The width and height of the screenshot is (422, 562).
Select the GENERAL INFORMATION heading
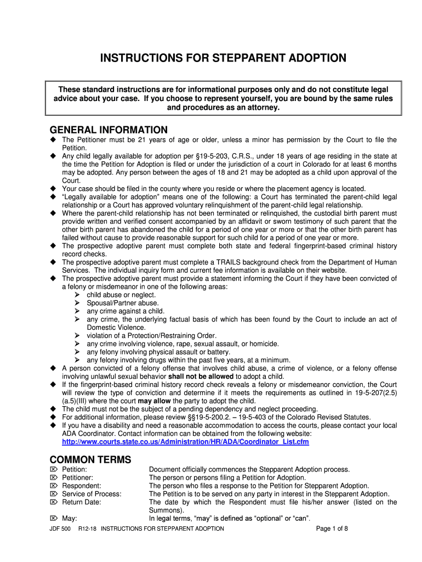[x=109, y=130]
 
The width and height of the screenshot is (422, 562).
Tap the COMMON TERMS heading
[x=90, y=460]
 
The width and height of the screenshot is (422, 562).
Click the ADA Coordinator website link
[x=185, y=442]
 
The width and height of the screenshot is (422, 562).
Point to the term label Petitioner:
[x=77, y=477]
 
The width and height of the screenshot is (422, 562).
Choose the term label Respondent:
[x=82, y=486]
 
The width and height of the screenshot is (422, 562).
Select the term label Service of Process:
[x=92, y=494]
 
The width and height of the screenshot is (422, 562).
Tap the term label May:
[x=70, y=518]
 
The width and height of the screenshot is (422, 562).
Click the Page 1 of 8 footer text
[x=332, y=529]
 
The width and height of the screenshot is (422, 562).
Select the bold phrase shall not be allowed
[x=201, y=376]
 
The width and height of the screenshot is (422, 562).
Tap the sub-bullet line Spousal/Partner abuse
[x=123, y=303]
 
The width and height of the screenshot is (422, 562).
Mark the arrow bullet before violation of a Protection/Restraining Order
[x=77, y=336]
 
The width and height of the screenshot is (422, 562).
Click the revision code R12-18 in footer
[x=88, y=529]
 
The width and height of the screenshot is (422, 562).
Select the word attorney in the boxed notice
[x=263, y=108]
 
